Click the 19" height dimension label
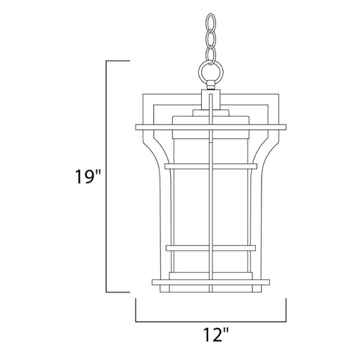click(x=88, y=176)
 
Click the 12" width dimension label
click(x=215, y=335)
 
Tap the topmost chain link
click(x=210, y=22)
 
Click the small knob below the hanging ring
click(x=210, y=85)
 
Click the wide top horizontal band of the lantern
click(x=211, y=127)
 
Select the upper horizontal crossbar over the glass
click(x=211, y=166)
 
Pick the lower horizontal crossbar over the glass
click(x=211, y=248)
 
